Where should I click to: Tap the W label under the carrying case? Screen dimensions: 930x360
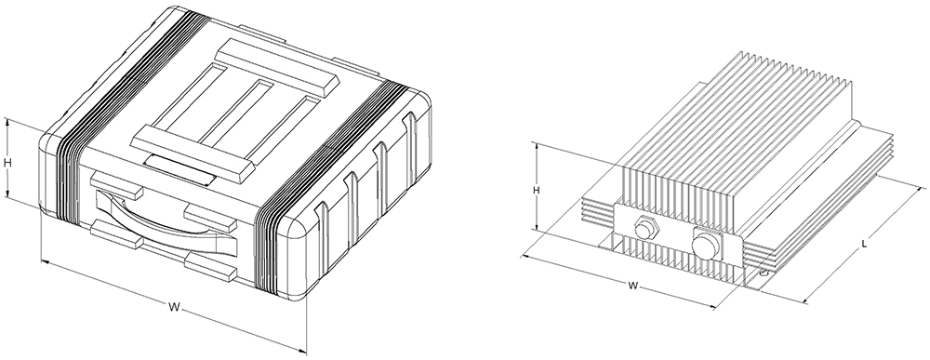point(174,307)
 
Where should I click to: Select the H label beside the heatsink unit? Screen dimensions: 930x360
point(537,191)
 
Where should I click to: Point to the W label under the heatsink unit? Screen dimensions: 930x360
point(632,286)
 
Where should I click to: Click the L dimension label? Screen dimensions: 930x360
point(864,243)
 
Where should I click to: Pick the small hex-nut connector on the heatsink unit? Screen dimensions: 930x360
point(644,228)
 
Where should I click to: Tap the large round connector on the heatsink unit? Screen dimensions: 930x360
point(707,244)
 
